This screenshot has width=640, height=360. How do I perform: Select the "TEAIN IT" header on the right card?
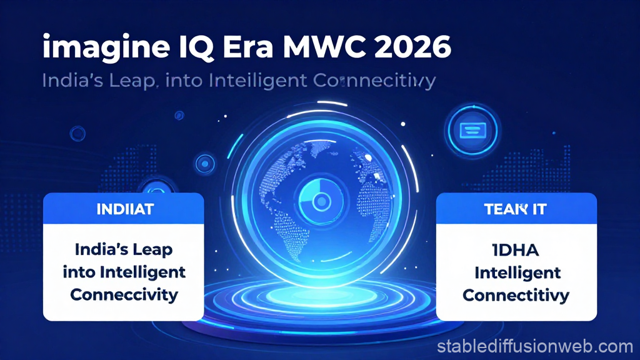(x=515, y=209)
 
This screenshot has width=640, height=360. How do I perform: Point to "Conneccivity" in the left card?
(x=124, y=294)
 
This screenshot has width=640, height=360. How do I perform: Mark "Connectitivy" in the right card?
(x=516, y=295)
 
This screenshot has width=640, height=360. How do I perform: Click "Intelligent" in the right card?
(x=516, y=273)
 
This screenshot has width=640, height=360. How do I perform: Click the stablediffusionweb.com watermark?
(x=535, y=346)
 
